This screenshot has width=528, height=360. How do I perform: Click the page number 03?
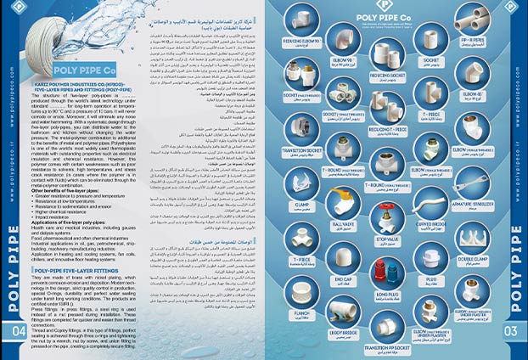coord(511,330)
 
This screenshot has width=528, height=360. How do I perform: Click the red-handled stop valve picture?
coord(388,223)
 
